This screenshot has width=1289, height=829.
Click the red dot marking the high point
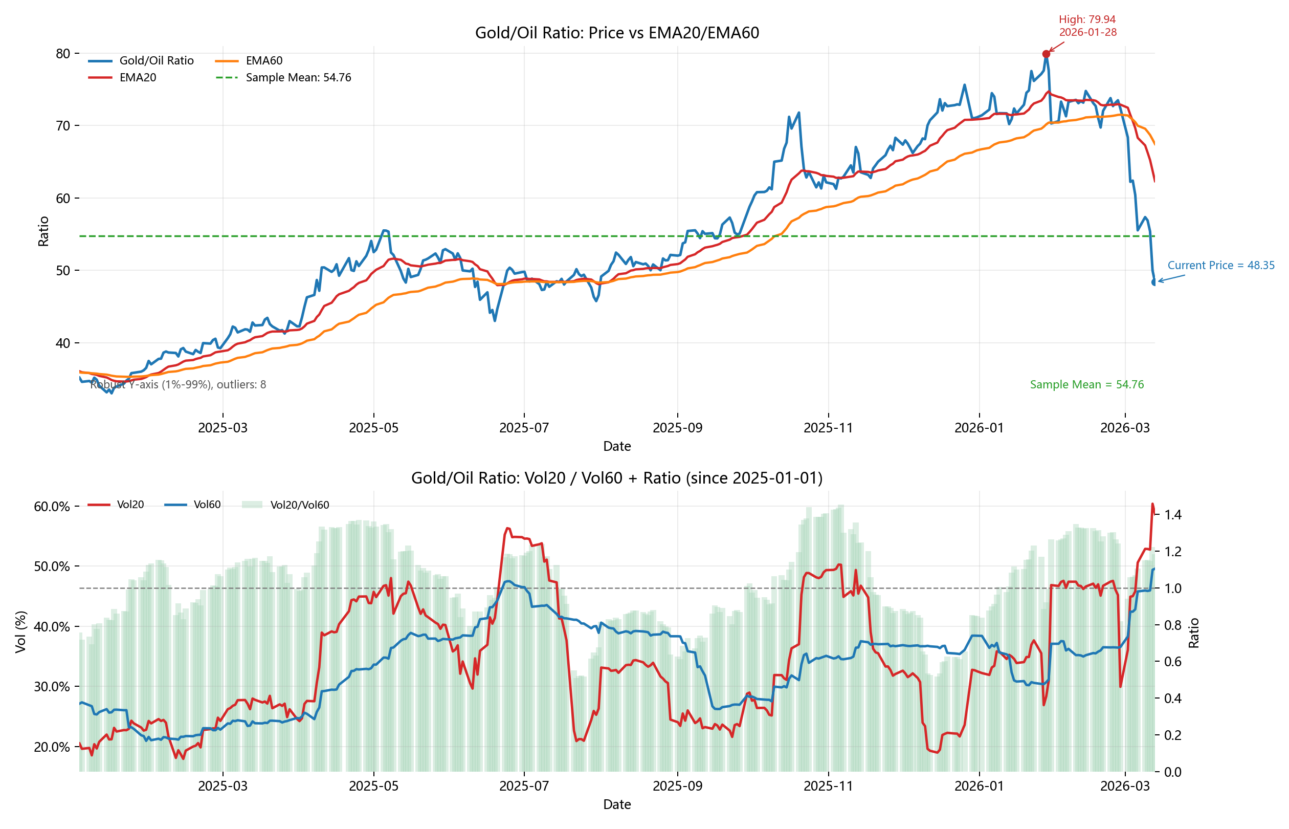pos(1046,54)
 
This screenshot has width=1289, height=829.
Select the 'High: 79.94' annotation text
pos(1087,20)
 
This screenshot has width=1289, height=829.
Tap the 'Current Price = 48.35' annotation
pos(1220,266)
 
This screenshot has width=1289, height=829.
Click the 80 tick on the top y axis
pos(63,53)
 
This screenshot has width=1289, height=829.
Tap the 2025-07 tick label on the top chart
pos(524,428)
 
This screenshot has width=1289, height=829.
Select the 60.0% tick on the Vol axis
pos(52,507)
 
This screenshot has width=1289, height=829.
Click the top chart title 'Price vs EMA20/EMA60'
pos(616,33)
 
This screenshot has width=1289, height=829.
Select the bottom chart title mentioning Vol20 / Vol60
pos(616,478)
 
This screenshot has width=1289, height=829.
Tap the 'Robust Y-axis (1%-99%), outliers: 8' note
pos(178,384)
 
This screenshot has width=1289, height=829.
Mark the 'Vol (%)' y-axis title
pos(21,632)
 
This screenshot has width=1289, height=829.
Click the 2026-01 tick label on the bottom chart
pos(979,786)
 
